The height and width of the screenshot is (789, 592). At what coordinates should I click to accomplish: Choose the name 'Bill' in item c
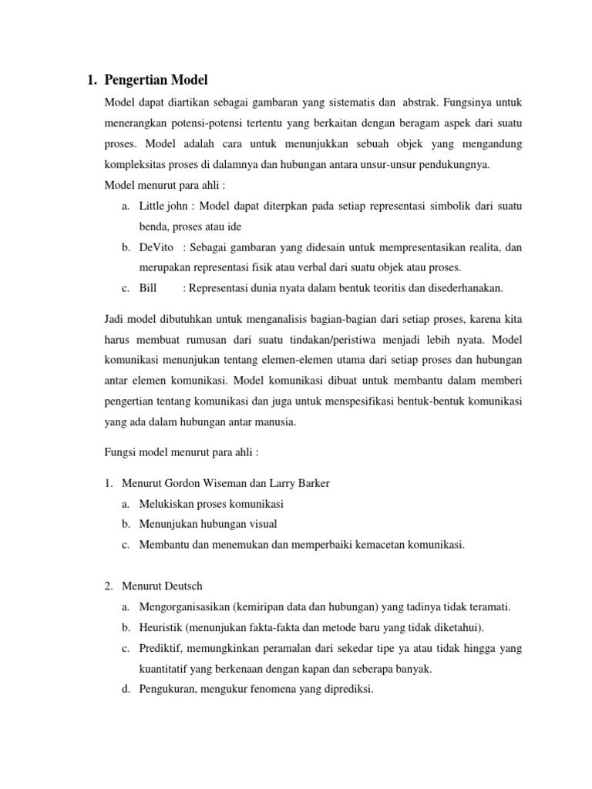148,288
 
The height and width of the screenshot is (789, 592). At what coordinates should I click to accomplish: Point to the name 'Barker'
309,483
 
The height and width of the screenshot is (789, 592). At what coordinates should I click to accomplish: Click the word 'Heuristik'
162,628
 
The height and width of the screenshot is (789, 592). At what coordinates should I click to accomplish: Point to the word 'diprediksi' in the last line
348,690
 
